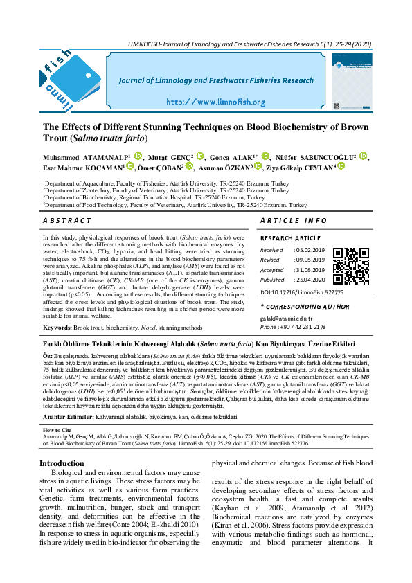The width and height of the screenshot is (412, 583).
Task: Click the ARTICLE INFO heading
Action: tap(293, 220)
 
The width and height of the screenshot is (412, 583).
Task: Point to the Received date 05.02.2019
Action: tap(309, 249)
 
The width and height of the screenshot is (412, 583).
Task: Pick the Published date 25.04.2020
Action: tap(309, 280)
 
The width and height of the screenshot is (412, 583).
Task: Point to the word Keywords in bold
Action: tap(57, 327)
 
